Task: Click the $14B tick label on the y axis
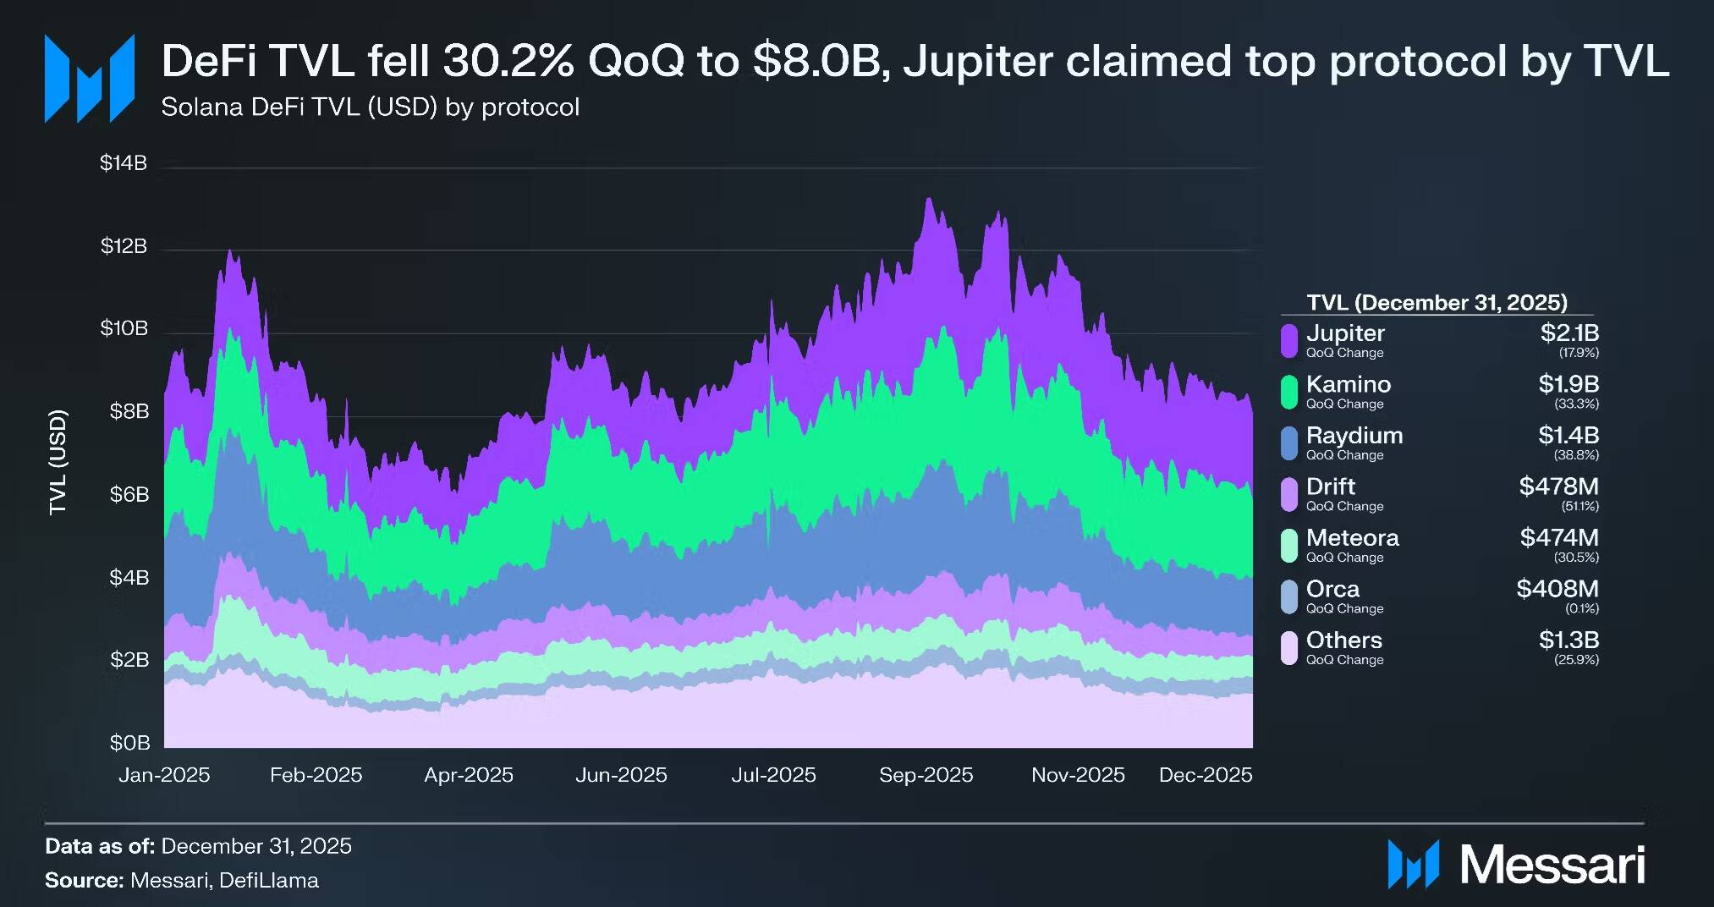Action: (x=124, y=162)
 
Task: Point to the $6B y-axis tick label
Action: (x=129, y=494)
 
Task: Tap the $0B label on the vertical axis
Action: (x=129, y=743)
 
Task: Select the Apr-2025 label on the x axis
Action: (x=469, y=775)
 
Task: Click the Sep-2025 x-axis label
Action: (x=926, y=775)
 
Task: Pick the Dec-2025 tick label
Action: (x=1205, y=775)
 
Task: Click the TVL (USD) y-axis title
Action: (x=58, y=462)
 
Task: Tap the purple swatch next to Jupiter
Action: (x=1288, y=341)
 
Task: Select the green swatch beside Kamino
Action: (x=1288, y=392)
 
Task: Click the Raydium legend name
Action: (x=1354, y=436)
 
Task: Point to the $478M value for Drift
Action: (x=1558, y=486)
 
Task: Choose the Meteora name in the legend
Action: (x=1352, y=538)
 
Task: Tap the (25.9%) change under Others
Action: (x=1576, y=660)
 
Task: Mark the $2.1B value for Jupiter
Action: (x=1569, y=333)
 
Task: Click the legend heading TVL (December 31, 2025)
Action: (x=1437, y=303)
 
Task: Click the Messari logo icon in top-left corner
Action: (x=90, y=78)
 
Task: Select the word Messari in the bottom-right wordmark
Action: (x=1552, y=866)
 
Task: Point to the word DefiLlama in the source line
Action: (x=269, y=881)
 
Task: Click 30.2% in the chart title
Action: (x=508, y=61)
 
